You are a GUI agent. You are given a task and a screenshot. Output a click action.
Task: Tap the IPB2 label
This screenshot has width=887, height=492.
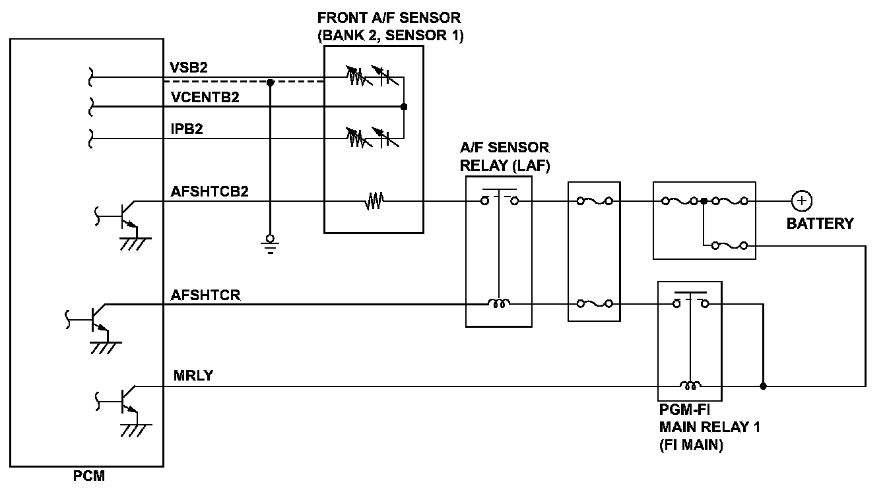tap(186, 129)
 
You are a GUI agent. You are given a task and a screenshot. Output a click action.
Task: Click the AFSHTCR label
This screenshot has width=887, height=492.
tap(206, 295)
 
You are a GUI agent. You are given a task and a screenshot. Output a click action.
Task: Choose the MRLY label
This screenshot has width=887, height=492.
tap(193, 376)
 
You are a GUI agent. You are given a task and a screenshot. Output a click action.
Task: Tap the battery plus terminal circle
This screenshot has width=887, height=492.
tap(801, 200)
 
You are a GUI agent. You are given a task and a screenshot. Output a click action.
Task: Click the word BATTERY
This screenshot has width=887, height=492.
tap(820, 224)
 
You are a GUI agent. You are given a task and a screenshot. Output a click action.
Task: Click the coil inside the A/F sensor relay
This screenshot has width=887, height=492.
tap(498, 304)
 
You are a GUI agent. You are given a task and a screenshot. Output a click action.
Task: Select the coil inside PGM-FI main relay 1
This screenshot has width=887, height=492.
tap(691, 386)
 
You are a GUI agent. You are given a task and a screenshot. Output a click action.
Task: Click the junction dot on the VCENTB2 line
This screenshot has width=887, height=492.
tap(404, 106)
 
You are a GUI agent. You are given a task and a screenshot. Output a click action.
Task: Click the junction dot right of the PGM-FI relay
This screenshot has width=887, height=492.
tap(764, 386)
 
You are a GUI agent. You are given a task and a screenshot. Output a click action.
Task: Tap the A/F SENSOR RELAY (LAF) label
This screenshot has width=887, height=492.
tap(504, 156)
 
